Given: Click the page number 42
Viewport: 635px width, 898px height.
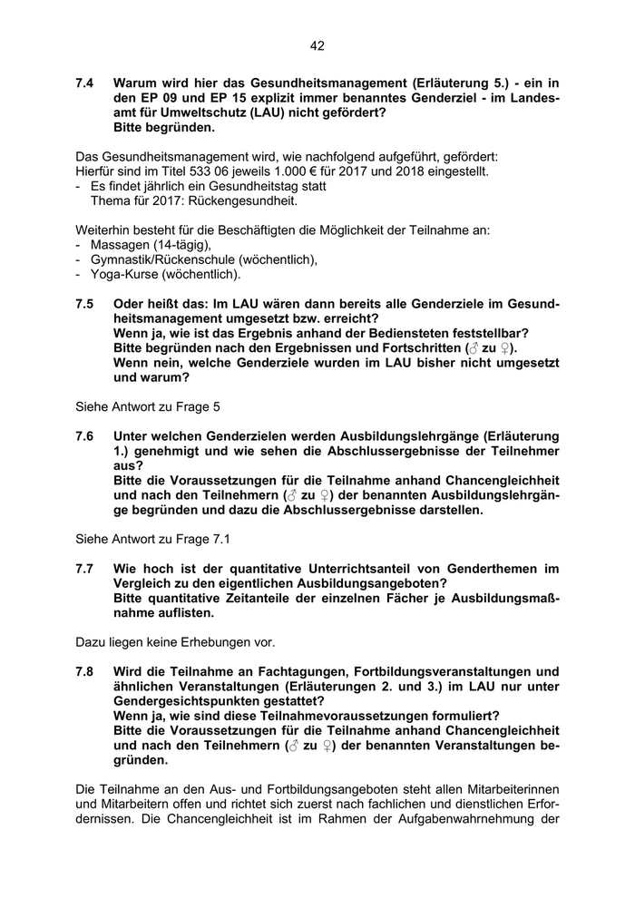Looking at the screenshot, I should pyautogui.click(x=317, y=45).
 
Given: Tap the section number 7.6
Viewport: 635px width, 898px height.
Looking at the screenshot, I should pyautogui.click(x=85, y=436).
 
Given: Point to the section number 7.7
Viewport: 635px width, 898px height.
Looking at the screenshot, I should pyautogui.click(x=85, y=569).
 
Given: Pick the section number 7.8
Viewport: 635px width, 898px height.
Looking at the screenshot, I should pyautogui.click(x=85, y=671).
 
